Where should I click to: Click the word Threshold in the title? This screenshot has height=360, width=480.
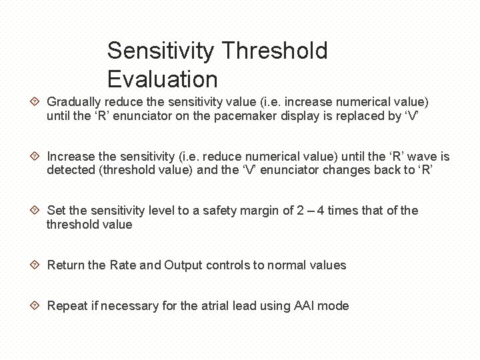274,51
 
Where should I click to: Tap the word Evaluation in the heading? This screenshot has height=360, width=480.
162,79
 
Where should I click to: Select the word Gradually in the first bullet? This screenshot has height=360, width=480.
74,102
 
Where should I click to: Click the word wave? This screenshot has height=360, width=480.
423,157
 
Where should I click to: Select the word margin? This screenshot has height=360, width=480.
263,211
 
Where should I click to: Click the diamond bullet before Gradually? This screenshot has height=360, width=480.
36,102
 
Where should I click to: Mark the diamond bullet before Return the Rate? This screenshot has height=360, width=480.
36,265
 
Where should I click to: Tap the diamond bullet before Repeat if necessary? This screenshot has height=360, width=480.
36,306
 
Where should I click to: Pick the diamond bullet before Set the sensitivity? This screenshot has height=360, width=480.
36,211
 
